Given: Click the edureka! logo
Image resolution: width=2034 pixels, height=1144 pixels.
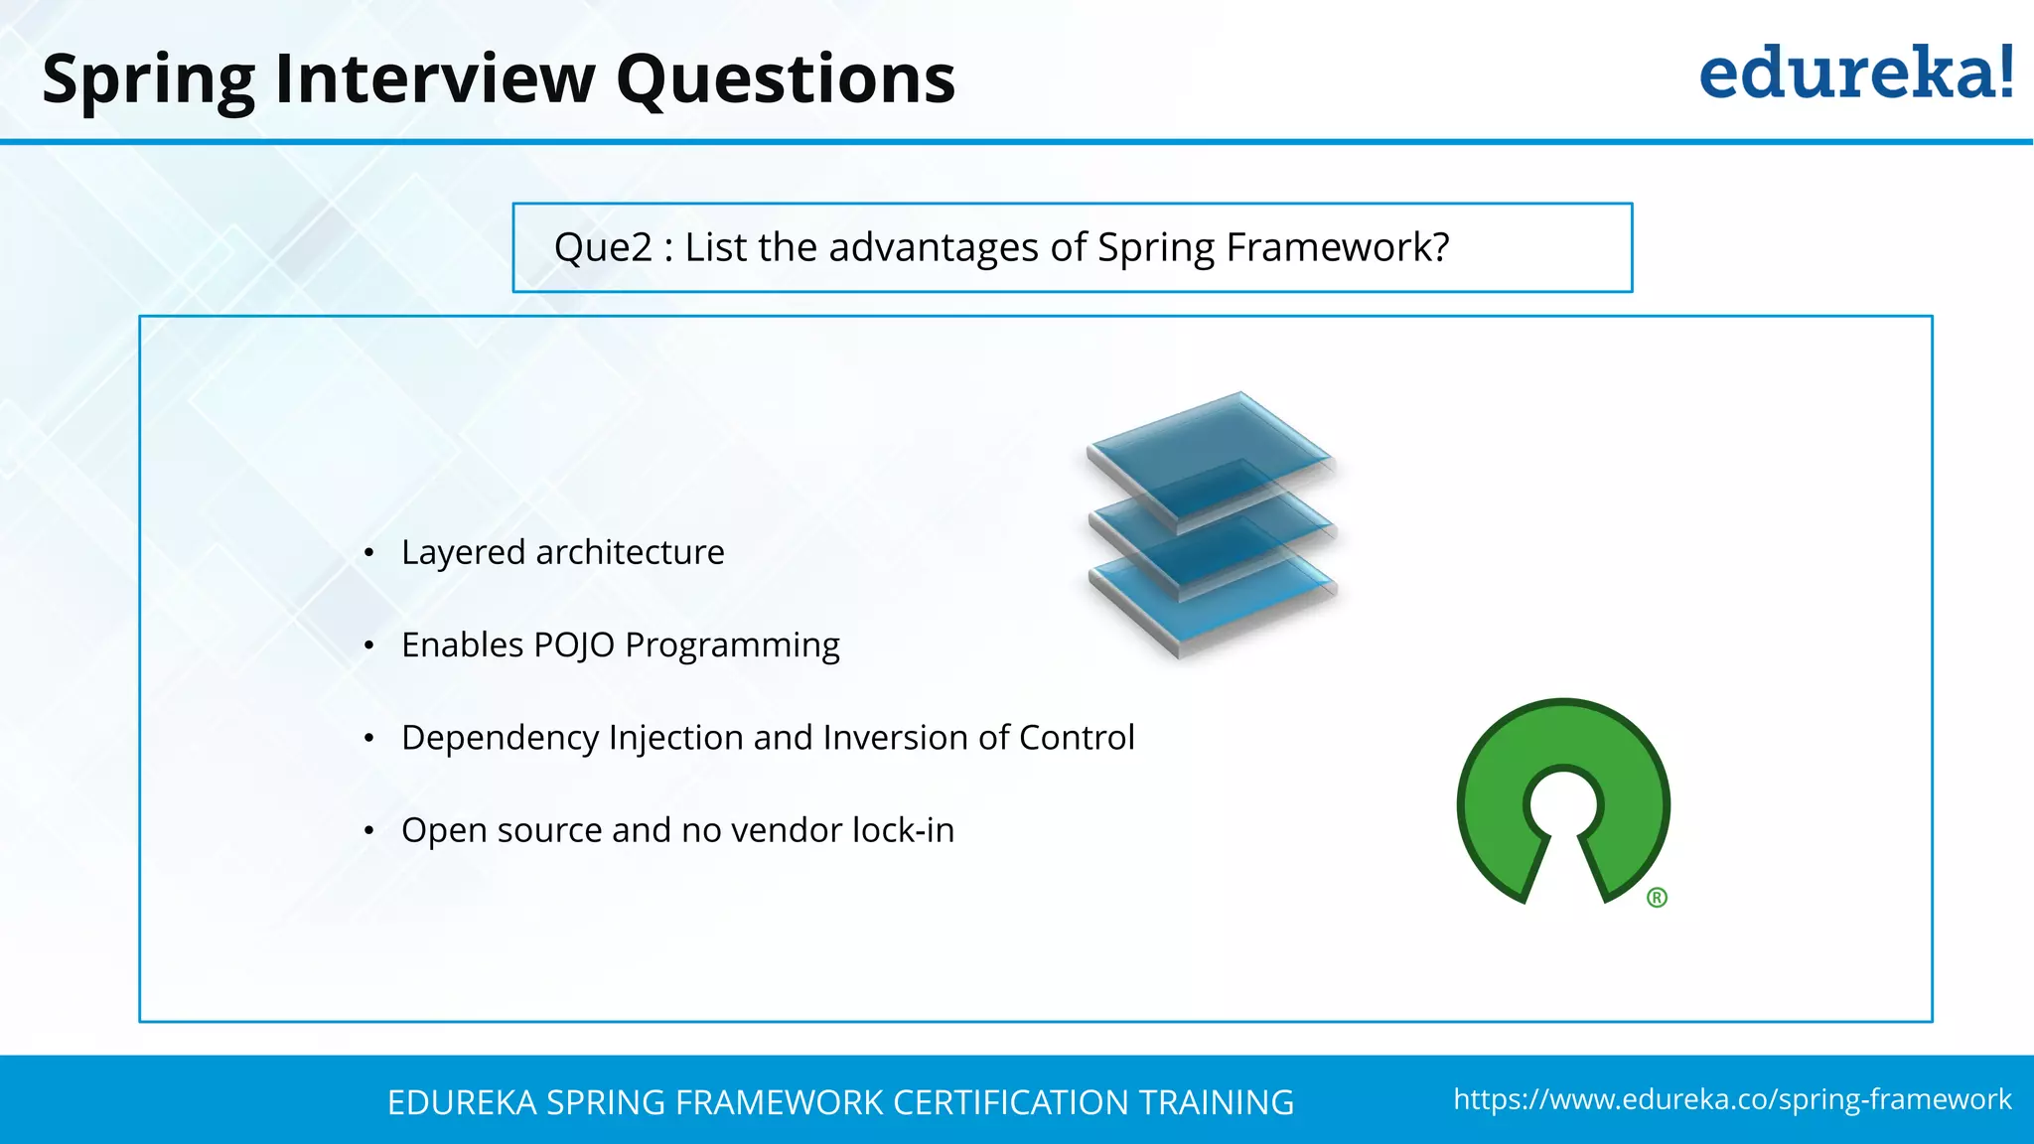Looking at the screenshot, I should (x=1855, y=73).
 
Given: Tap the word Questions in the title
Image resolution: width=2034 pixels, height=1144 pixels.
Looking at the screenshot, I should (x=785, y=79).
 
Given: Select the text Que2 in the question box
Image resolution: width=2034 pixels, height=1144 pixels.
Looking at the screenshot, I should (x=603, y=247).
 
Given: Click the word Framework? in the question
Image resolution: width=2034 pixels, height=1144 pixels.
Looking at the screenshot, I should (x=1338, y=247).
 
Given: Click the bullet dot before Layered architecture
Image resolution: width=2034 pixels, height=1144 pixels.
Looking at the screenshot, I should (x=368, y=553).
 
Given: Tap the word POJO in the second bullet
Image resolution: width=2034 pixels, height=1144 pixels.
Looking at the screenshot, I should (x=574, y=645).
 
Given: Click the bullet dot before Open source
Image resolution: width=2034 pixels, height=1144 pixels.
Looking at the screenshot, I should (x=368, y=831).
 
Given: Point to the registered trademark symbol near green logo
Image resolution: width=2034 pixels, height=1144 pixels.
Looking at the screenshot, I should (x=1657, y=898).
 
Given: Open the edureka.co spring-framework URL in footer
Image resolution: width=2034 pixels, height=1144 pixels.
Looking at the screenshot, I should (x=1731, y=1099).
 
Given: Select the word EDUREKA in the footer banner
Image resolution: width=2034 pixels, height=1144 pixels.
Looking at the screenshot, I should (x=462, y=1102).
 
